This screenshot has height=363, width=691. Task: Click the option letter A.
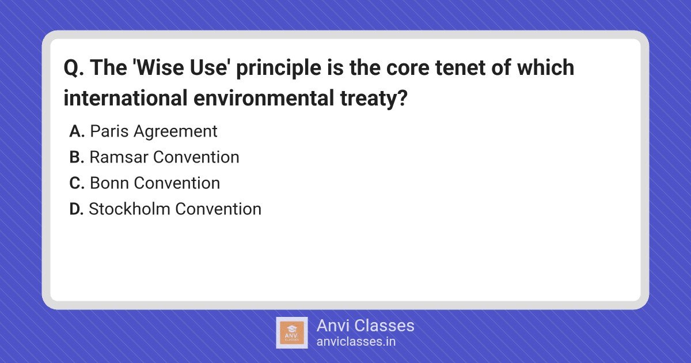point(77,131)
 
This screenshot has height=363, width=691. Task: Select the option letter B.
point(77,157)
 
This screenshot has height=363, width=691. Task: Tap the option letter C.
point(77,183)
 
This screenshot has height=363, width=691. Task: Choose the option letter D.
point(77,209)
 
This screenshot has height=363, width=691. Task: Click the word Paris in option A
point(109,131)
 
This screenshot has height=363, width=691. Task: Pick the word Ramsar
point(119,157)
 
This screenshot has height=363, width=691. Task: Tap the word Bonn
point(109,183)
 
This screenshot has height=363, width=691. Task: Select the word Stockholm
point(130,209)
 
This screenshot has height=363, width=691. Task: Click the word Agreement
point(176,131)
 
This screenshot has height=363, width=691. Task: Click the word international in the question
point(126,98)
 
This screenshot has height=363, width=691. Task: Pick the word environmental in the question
point(264,98)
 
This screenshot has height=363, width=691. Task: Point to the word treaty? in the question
point(374,99)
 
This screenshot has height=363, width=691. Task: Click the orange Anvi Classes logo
point(292,333)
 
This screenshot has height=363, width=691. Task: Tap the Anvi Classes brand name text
point(366,326)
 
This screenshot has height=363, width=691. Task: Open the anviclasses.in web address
point(356,342)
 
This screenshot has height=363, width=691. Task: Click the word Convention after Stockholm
point(218,209)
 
